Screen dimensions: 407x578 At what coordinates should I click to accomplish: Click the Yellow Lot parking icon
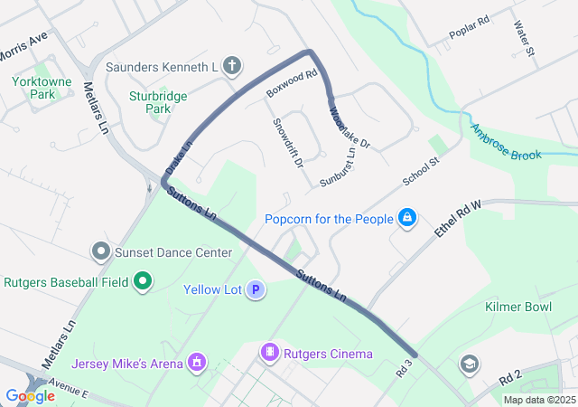point(256,290)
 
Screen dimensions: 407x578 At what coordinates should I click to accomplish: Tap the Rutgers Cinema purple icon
point(269,352)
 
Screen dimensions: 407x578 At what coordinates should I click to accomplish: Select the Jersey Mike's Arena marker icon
point(196,364)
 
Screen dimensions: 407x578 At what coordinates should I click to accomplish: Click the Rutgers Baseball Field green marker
point(142,283)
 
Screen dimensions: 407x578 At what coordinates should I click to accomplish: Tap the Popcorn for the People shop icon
point(407,218)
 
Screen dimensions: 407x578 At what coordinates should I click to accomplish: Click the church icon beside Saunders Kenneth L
point(232,65)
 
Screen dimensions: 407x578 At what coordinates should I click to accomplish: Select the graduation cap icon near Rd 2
point(469,364)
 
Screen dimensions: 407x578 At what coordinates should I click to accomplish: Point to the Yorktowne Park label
point(35,87)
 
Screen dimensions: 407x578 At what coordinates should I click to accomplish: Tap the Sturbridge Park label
point(149,101)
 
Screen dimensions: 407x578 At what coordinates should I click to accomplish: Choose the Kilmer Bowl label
point(518,308)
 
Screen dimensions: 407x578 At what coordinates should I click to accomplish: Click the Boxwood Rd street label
point(290,82)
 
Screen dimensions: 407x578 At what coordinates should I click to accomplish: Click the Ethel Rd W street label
point(460,218)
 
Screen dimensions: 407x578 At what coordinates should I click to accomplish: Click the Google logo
point(30,395)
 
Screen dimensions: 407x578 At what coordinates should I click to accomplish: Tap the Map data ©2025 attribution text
point(538,400)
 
